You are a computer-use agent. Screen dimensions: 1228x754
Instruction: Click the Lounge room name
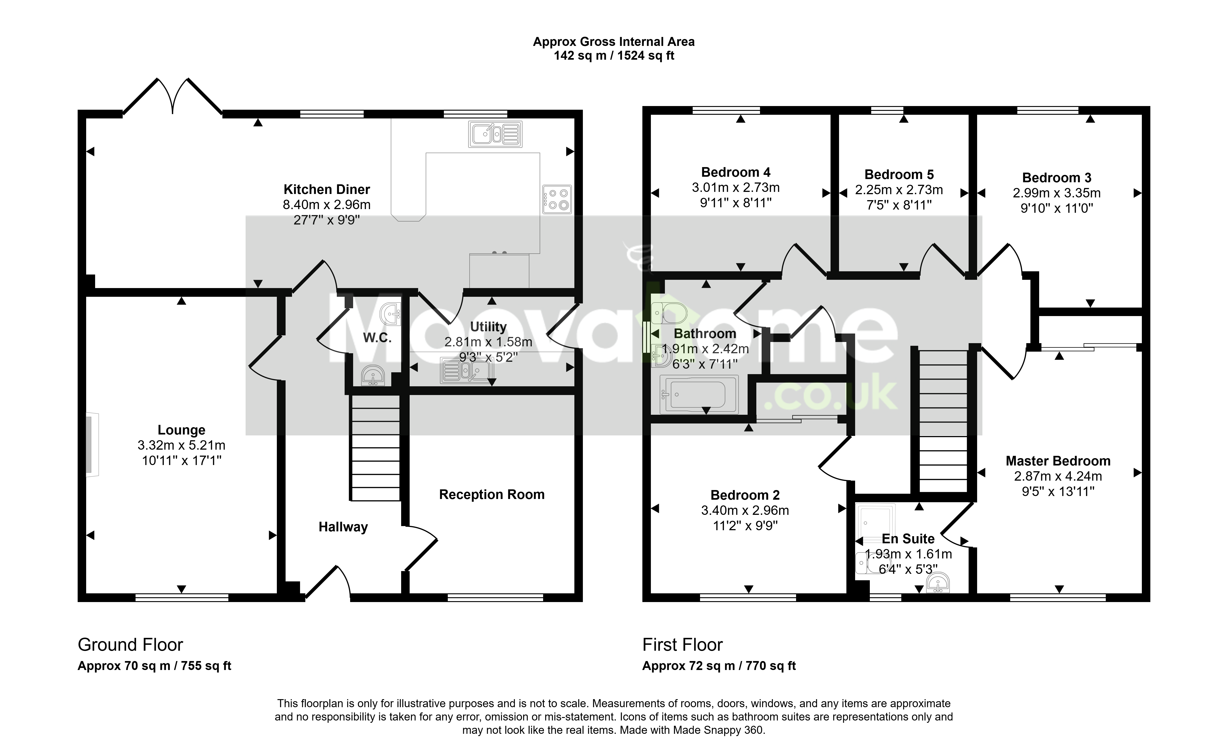tap(181, 430)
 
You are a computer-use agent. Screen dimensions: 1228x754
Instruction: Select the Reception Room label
tap(492, 495)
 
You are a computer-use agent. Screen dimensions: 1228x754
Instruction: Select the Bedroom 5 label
tap(899, 174)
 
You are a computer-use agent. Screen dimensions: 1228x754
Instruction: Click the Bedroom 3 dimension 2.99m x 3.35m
tap(1057, 193)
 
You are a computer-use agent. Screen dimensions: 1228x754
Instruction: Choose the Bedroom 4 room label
tap(736, 173)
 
